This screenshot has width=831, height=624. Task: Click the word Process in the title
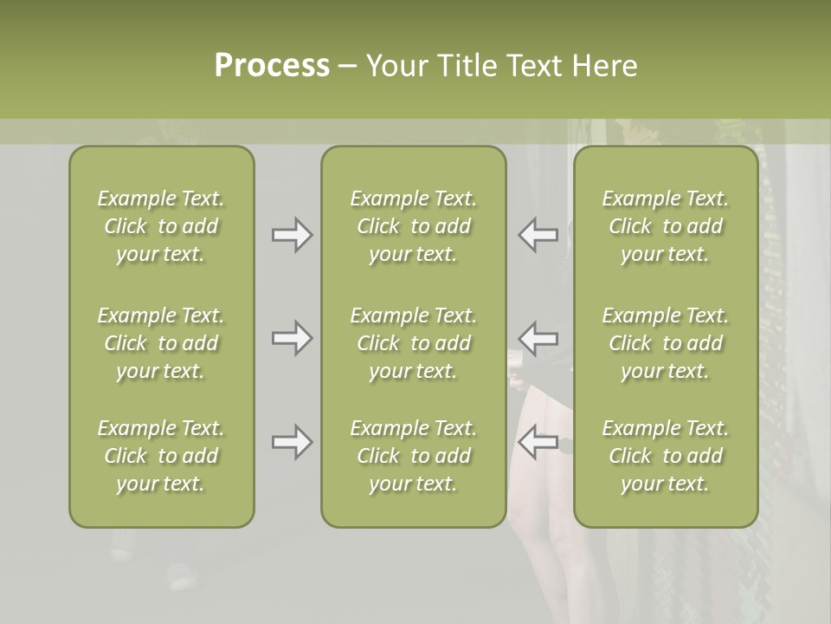click(272, 66)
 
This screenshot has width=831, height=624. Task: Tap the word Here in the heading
click(606, 66)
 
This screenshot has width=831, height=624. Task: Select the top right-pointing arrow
click(292, 235)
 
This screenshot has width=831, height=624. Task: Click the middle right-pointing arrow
click(292, 337)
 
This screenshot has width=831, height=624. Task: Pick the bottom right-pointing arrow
click(292, 442)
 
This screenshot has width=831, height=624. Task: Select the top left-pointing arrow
click(538, 235)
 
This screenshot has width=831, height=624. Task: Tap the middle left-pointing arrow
click(538, 337)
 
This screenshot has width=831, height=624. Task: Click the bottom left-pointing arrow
click(538, 442)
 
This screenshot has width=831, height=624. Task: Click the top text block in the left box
click(161, 226)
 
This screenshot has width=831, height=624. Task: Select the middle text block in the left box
click(161, 343)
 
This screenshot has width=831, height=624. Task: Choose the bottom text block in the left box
click(161, 456)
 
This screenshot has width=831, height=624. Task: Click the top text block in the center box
click(413, 226)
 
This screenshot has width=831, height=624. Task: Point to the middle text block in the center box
click(413, 343)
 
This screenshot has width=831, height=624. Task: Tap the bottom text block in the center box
click(413, 456)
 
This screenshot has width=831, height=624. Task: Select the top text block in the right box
click(665, 226)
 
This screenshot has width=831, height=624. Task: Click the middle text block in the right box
click(665, 343)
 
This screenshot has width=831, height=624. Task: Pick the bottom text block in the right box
click(665, 456)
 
